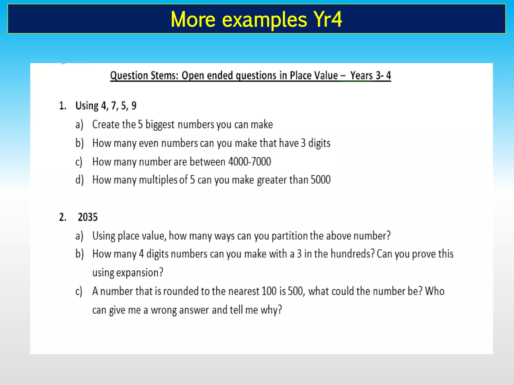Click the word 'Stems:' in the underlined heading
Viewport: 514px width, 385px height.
[x=164, y=75]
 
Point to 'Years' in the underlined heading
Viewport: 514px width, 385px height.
[x=362, y=75]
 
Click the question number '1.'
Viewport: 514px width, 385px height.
[x=63, y=106]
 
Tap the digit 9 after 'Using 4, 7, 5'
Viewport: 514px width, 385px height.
[x=134, y=106]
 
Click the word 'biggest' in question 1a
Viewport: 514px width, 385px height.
[x=160, y=125]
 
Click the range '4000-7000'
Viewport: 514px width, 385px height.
[x=250, y=162]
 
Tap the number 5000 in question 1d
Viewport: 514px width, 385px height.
[x=320, y=180]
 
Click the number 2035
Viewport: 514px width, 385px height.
[x=88, y=217]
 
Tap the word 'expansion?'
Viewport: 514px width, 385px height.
[x=140, y=273]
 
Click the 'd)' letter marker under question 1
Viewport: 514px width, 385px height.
[x=79, y=180]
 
